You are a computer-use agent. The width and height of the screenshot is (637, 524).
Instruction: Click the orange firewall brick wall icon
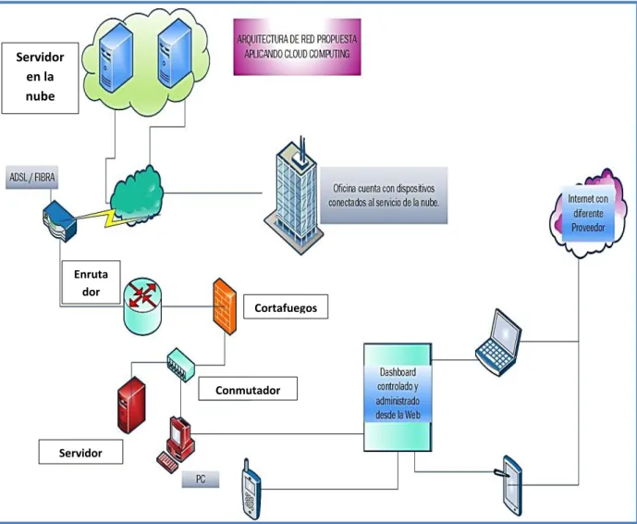tap(225, 306)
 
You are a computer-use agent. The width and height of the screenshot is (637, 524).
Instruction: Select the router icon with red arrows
tap(142, 306)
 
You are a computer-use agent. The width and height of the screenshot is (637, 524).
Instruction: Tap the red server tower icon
tap(131, 405)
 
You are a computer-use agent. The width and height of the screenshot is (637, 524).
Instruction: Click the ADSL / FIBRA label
tap(31, 177)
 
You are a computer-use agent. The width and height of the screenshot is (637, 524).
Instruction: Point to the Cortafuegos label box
tap(286, 306)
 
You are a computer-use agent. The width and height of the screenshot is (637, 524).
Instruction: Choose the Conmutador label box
tap(248, 389)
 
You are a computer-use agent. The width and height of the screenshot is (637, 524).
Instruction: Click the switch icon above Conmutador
tap(181, 365)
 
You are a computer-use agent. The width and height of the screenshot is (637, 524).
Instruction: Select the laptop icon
tap(499, 343)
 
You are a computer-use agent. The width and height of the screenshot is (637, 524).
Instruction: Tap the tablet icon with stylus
tap(511, 485)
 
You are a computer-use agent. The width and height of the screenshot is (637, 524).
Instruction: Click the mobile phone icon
tap(251, 490)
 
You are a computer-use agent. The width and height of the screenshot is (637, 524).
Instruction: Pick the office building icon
tap(294, 196)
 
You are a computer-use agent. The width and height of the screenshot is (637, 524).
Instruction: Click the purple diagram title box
tap(297, 47)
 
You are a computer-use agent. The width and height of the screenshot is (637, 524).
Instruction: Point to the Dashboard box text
tap(398, 393)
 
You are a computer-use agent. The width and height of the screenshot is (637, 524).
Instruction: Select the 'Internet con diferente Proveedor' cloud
tap(588, 214)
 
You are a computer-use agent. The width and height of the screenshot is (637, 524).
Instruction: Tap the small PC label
tap(201, 480)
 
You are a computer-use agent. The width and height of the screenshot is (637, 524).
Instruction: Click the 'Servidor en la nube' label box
tap(41, 78)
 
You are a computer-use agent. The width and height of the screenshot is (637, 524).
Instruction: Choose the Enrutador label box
tap(91, 282)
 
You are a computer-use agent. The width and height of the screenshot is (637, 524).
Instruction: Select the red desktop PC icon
tap(177, 443)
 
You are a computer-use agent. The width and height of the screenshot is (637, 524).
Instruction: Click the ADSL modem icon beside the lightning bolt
tap(60, 221)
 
